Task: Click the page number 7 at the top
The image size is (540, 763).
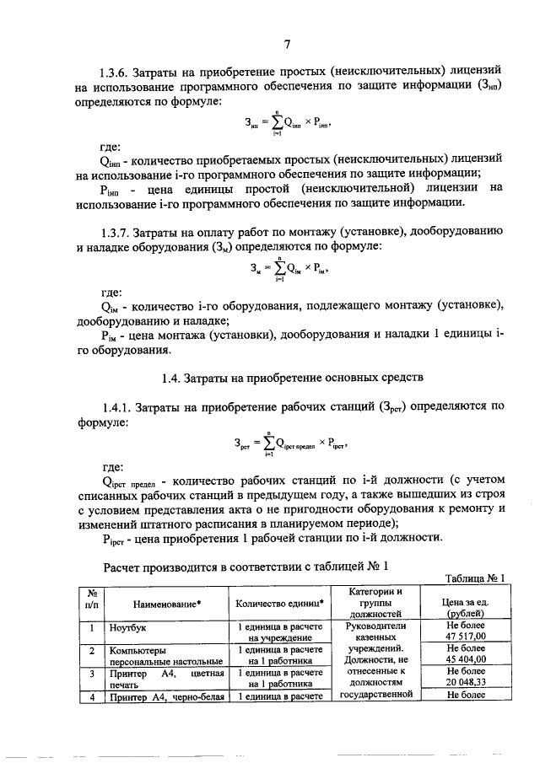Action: click(x=288, y=45)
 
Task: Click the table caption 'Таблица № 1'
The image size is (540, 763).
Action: click(x=473, y=578)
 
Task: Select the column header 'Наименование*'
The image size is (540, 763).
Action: click(x=166, y=604)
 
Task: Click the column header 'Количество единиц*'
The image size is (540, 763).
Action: click(x=279, y=604)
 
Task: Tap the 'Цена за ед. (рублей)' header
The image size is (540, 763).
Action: click(x=467, y=609)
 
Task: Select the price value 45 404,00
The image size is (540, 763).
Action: click(x=467, y=661)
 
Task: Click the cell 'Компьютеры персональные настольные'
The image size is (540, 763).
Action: click(x=165, y=656)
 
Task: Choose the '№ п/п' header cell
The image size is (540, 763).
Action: click(x=91, y=599)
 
